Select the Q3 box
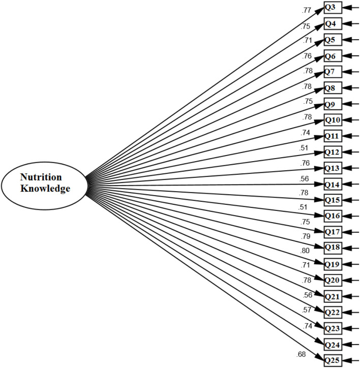(333, 8)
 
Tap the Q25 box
(333, 360)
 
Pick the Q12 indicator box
(333, 152)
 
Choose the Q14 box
(333, 184)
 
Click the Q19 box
(333, 264)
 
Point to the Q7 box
(333, 72)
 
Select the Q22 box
(333, 312)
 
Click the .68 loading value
(301, 354)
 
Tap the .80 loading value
(305, 251)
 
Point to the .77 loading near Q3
(306, 10)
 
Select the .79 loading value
(306, 236)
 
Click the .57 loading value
(307, 310)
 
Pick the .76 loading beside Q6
(307, 56)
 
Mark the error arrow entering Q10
(351, 120)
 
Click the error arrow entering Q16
(351, 216)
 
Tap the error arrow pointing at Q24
(351, 344)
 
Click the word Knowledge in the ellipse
(45, 189)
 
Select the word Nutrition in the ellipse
(41, 177)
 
